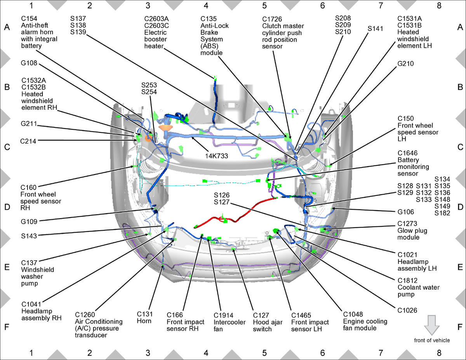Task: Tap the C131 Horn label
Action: coord(144,317)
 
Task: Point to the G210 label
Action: coord(405,63)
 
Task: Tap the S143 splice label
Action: coord(29,235)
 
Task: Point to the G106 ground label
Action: coord(405,212)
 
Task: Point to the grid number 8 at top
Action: coord(439,6)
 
